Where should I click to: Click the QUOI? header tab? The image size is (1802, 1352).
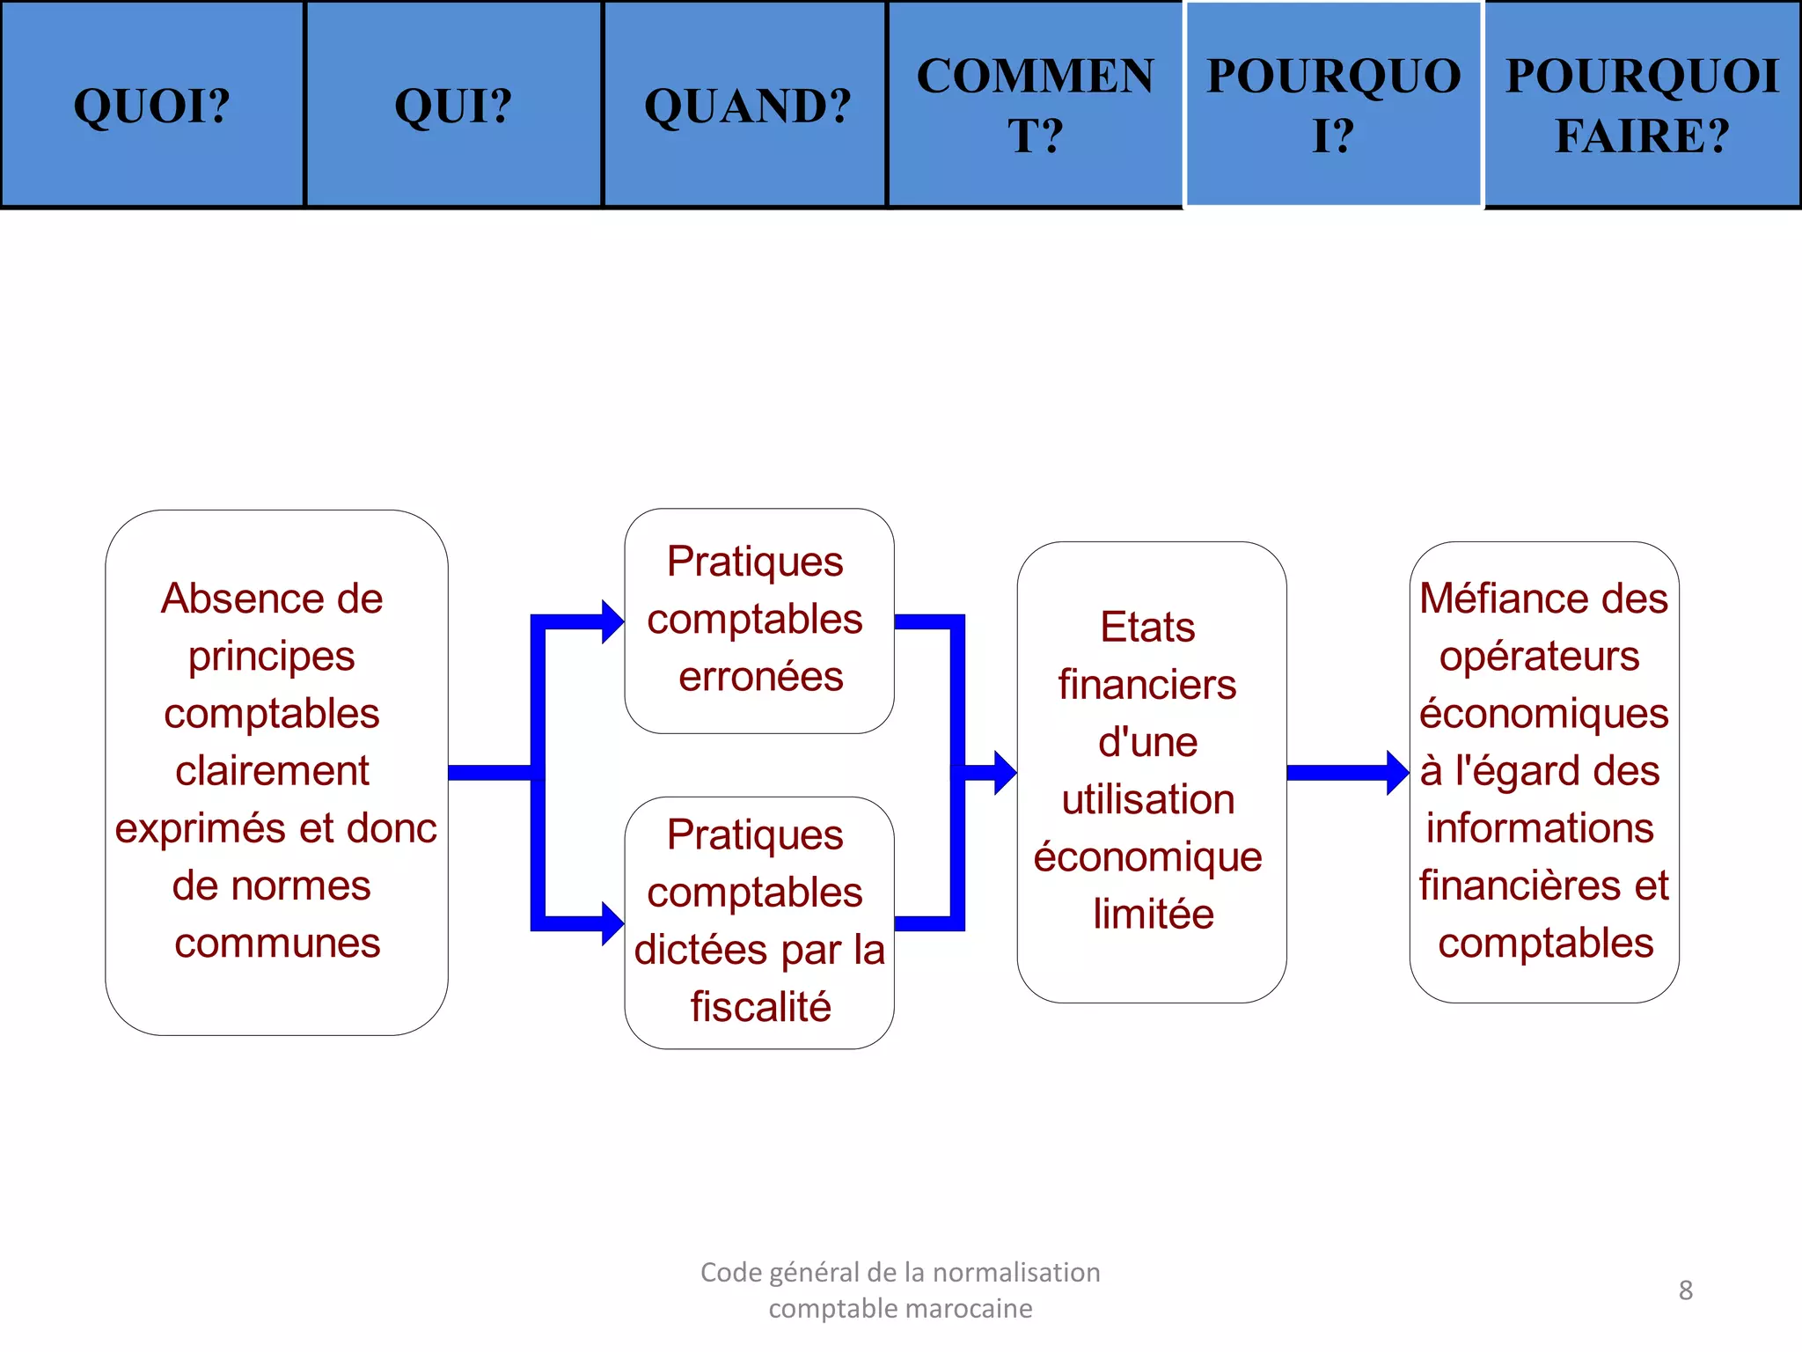[x=152, y=106]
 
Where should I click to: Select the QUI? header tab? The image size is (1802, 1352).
[x=453, y=106]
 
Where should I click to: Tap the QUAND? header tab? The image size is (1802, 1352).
[x=747, y=106]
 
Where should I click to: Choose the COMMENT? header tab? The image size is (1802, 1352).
[x=1035, y=106]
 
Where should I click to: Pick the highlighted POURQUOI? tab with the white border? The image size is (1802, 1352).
[x=1333, y=106]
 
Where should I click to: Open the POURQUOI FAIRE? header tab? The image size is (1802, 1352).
[x=1642, y=106]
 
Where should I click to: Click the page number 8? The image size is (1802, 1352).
[x=1685, y=1290]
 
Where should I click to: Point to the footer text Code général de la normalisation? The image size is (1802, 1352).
[x=900, y=1273]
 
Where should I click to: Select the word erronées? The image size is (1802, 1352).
[x=760, y=677]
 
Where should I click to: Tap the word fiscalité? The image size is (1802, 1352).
[x=760, y=1007]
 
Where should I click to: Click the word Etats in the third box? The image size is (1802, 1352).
[x=1147, y=628]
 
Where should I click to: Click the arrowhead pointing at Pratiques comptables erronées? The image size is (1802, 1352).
[x=612, y=622]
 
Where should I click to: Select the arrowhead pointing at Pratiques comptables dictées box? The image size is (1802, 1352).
[x=612, y=923]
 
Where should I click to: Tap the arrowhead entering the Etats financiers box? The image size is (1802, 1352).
[x=1005, y=773]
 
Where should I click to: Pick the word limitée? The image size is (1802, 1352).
[x=1153, y=915]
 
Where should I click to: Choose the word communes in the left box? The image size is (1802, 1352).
[x=277, y=944]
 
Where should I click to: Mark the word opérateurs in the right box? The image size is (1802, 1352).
[x=1539, y=657]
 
